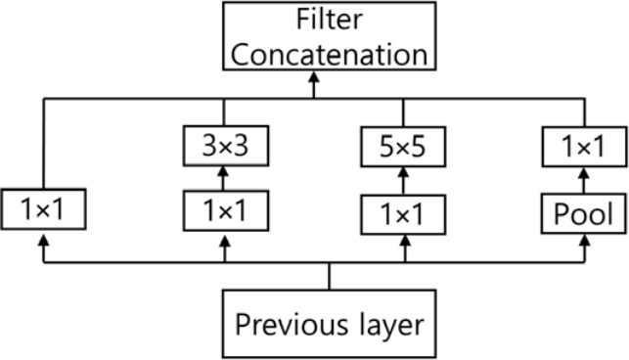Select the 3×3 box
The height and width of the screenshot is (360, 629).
(225, 148)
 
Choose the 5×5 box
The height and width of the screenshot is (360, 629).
(405, 148)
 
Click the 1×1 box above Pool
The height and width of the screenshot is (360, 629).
(585, 148)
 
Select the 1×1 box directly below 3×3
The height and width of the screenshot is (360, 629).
(225, 208)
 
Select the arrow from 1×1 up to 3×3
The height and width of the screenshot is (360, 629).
(225, 178)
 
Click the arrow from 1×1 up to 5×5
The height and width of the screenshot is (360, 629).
(405, 180)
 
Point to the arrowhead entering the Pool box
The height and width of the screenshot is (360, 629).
(585, 239)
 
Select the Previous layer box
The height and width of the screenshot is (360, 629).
(329, 323)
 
